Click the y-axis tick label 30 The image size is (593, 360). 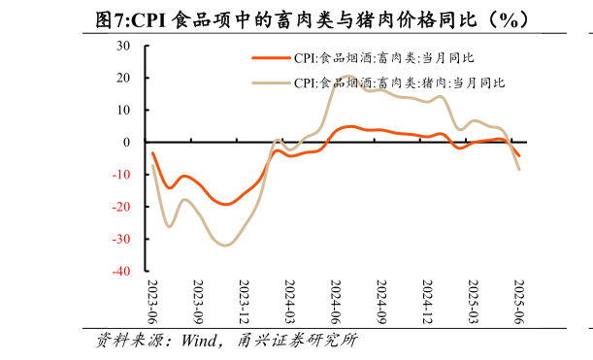(x=123, y=46)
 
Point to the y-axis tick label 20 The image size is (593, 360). (x=123, y=78)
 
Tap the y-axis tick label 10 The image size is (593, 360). (x=123, y=110)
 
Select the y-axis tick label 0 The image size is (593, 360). (x=126, y=143)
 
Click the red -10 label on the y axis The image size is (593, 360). (x=121, y=175)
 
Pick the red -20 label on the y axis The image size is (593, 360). (x=121, y=207)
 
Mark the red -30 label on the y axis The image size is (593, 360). (x=121, y=240)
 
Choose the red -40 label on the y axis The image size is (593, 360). (x=121, y=272)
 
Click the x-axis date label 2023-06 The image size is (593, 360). (x=151, y=303)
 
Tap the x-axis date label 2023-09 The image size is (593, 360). (x=198, y=303)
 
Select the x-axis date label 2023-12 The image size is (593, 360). (x=244, y=303)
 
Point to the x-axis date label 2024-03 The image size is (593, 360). (x=289, y=303)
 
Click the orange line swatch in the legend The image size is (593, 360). (x=271, y=58)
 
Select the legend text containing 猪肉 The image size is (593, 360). (x=399, y=83)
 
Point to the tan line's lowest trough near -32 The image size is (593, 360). (x=225, y=245)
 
